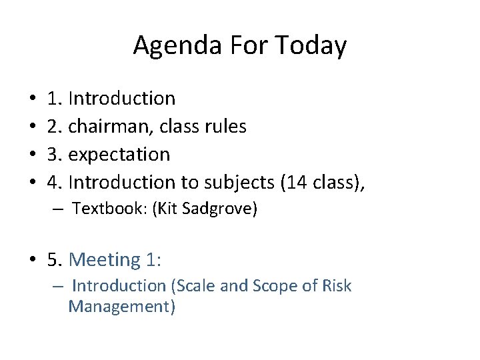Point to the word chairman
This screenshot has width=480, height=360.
pyautogui.click(x=115, y=126)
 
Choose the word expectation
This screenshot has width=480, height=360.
pyautogui.click(x=119, y=154)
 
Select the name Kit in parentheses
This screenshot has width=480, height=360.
pyautogui.click(x=166, y=209)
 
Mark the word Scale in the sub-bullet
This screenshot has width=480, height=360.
pyautogui.click(x=192, y=286)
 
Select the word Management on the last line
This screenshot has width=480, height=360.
pyautogui.click(x=121, y=307)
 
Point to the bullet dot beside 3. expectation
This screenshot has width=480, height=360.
pyautogui.click(x=33, y=155)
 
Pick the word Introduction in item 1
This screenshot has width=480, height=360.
pyautogui.click(x=122, y=98)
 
